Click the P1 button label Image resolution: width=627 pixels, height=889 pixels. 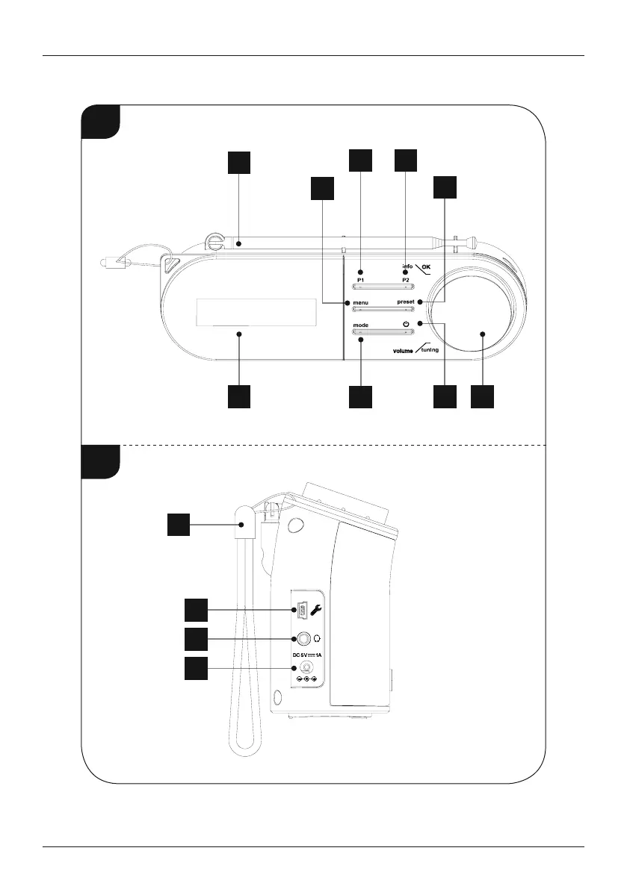(x=359, y=279)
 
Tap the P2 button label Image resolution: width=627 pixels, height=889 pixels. (x=407, y=279)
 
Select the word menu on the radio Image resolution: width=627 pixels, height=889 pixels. (x=362, y=303)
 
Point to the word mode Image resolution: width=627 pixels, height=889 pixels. (x=361, y=325)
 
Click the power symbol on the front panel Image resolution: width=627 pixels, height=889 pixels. (x=406, y=324)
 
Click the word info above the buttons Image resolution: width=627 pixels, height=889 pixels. (x=407, y=266)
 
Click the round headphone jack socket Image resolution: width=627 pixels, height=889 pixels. (x=304, y=639)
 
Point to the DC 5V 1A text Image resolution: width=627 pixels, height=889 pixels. (x=307, y=655)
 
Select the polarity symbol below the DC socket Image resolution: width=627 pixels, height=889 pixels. (x=306, y=679)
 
